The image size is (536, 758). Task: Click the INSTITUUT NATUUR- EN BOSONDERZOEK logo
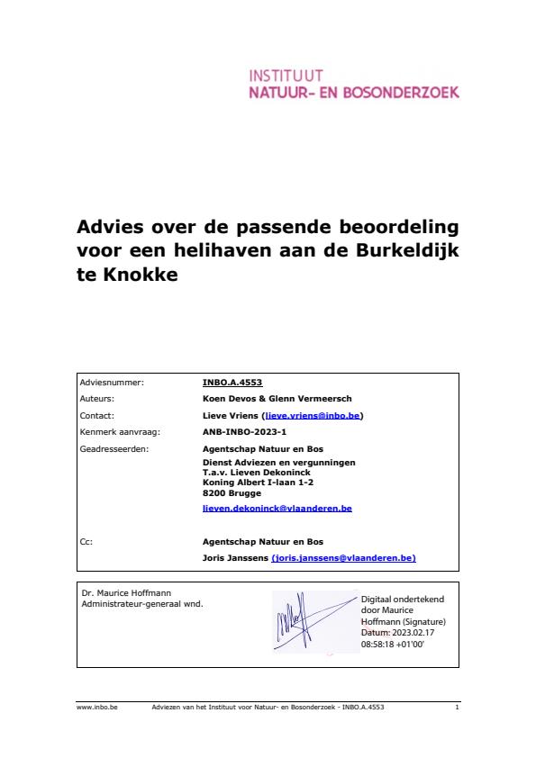[x=354, y=83]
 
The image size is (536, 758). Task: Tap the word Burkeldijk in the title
[x=406, y=250]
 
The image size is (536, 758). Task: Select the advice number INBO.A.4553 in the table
[x=232, y=383]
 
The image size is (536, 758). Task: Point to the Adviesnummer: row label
[x=112, y=383]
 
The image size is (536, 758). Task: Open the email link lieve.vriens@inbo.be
[x=313, y=416]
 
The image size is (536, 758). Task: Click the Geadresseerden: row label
[x=114, y=448]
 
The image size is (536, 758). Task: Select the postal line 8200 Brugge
[x=232, y=492]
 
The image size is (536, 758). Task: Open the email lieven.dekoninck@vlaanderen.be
[x=277, y=509]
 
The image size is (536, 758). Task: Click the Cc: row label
[x=86, y=542]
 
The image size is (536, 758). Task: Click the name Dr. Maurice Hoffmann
[x=120, y=593]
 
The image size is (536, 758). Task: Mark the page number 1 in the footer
[x=458, y=708]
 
